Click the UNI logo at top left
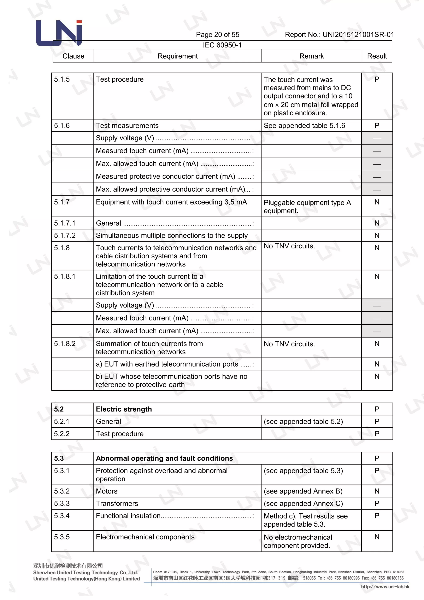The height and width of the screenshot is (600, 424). (x=59, y=33)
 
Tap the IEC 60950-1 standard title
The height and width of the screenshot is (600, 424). (x=222, y=45)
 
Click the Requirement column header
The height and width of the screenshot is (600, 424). (x=178, y=56)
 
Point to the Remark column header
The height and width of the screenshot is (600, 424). (x=311, y=56)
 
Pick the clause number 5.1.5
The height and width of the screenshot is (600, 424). (x=62, y=79)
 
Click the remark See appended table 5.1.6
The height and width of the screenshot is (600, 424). (x=304, y=126)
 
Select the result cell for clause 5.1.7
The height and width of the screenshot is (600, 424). (x=377, y=202)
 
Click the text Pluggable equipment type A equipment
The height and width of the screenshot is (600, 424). (x=307, y=206)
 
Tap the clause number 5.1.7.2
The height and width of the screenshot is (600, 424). (x=65, y=235)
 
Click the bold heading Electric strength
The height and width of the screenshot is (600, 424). (x=124, y=409)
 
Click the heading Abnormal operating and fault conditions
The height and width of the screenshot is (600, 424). (x=164, y=458)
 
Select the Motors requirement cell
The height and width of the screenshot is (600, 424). (x=107, y=491)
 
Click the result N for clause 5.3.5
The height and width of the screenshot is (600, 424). (x=377, y=537)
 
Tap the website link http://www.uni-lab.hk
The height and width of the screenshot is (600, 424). (x=385, y=587)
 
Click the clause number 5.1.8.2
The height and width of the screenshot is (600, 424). (x=65, y=344)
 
